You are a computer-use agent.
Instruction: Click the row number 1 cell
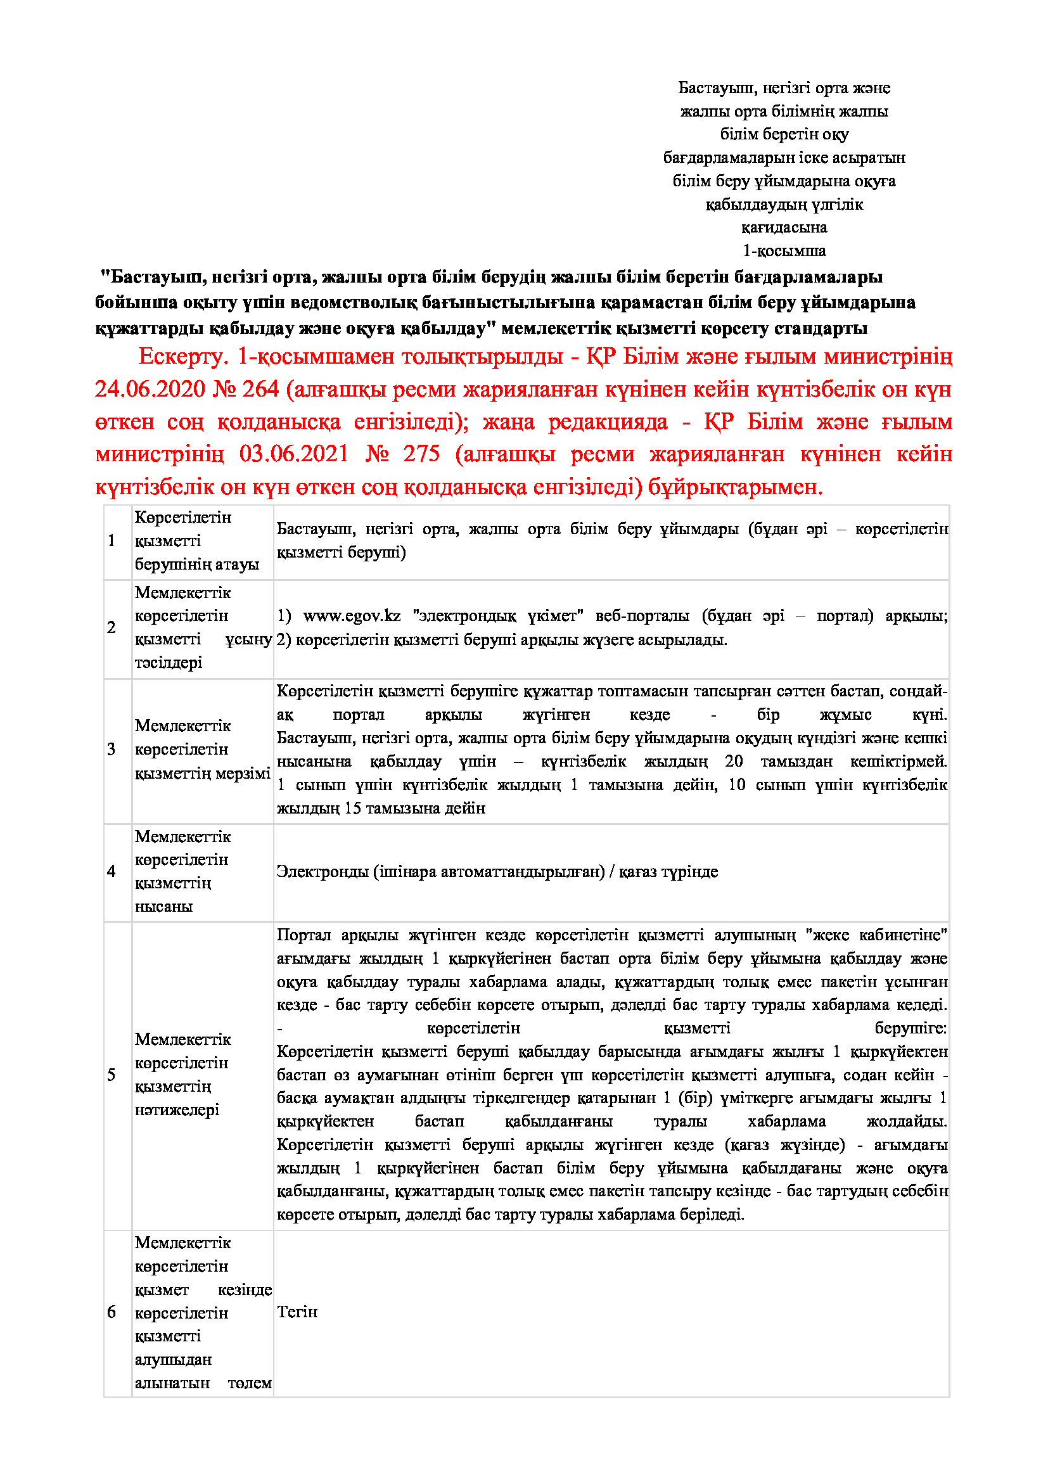point(112,541)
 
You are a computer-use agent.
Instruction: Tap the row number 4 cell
point(112,871)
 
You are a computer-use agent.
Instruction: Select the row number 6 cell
point(112,1312)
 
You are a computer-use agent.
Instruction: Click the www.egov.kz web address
point(352,616)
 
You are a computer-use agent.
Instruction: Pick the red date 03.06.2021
point(293,454)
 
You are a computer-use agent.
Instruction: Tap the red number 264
point(260,389)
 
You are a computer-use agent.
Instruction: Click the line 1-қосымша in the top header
point(784,250)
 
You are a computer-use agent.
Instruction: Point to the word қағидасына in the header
point(784,227)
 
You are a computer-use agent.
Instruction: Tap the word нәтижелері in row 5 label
point(177,1109)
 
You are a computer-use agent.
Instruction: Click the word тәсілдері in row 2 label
point(169,662)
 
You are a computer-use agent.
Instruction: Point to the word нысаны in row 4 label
point(163,906)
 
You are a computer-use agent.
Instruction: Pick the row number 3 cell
point(112,750)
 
